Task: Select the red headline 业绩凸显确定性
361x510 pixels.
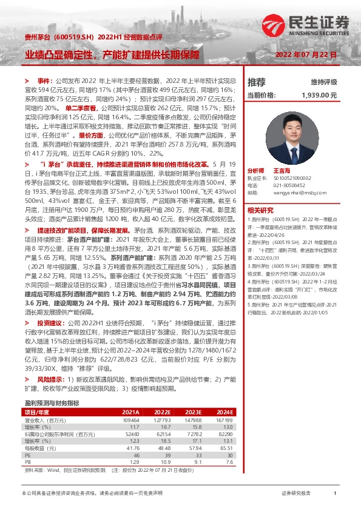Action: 59,55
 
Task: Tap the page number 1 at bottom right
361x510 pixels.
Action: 335,494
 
